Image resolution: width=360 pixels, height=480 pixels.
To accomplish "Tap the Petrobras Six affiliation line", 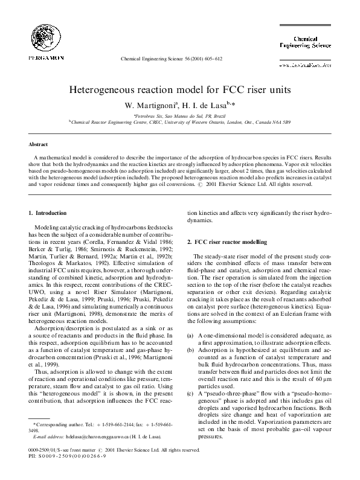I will coord(179,115).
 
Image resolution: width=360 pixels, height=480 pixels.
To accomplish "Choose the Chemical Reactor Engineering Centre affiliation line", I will coord(181,121).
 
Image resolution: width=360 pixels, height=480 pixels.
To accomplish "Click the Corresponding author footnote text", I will coord(60,425).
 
